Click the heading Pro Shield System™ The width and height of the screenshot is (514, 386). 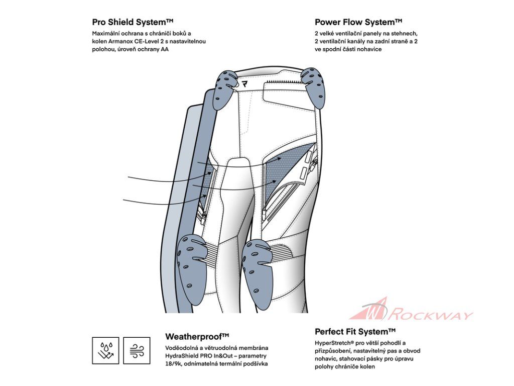133,22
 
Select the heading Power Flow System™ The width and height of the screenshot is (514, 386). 358,22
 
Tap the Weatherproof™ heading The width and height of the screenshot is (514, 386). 197,336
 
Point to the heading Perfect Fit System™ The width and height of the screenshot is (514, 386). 355,332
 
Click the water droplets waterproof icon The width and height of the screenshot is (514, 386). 105,350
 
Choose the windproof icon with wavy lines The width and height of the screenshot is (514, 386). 137,350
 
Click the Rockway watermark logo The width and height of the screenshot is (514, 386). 412,310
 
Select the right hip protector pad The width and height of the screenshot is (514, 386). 313,88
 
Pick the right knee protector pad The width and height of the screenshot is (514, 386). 259,266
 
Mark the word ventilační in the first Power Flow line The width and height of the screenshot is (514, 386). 346,34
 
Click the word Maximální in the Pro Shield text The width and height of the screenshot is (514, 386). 107,34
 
